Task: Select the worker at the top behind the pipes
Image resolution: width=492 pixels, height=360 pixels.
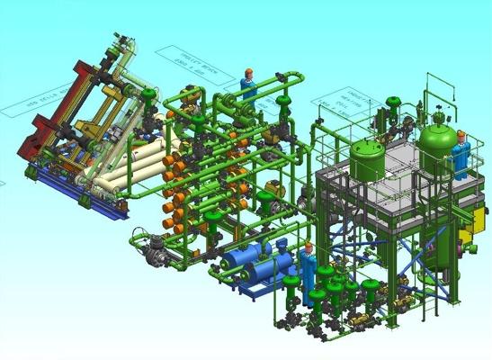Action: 249,85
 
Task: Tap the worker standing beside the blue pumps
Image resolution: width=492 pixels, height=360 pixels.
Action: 309,270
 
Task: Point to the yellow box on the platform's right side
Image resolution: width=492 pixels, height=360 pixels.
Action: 466,238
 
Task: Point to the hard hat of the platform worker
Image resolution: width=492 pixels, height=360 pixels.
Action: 461,135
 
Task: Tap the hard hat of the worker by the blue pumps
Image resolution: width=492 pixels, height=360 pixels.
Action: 309,247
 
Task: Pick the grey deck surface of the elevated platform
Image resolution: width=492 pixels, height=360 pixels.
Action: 396,189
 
